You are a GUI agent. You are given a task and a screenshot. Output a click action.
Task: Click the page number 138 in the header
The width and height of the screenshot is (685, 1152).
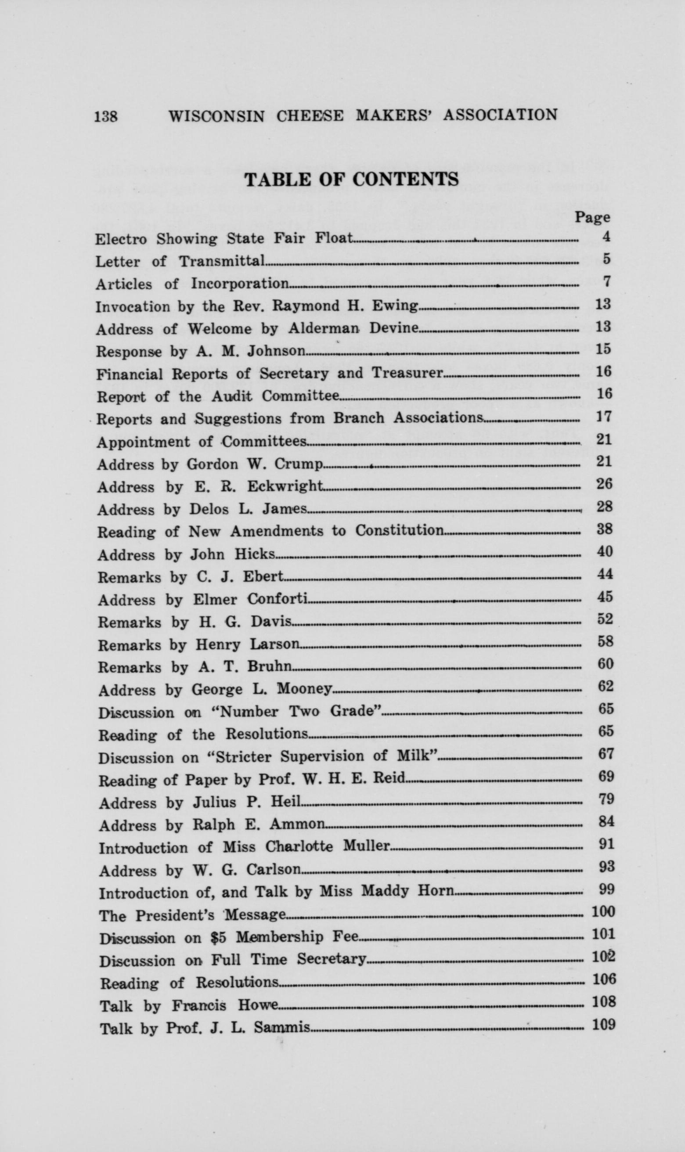click(106, 116)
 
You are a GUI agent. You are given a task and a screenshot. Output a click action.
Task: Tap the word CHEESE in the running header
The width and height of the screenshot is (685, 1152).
click(310, 115)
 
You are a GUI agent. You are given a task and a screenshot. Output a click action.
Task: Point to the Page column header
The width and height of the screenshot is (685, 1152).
click(592, 217)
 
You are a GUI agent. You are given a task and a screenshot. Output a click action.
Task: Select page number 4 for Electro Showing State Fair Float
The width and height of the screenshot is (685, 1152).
click(606, 237)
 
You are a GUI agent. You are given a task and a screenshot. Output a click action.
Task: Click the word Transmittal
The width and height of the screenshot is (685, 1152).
click(222, 261)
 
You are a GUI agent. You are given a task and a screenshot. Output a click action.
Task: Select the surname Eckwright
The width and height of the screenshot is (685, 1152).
click(285, 486)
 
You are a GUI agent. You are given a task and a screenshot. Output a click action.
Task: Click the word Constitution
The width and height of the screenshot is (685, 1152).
click(399, 530)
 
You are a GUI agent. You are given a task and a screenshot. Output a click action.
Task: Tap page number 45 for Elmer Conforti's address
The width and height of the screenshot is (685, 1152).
click(605, 597)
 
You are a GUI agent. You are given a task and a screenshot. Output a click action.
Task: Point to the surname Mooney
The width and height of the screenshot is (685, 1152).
click(304, 689)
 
